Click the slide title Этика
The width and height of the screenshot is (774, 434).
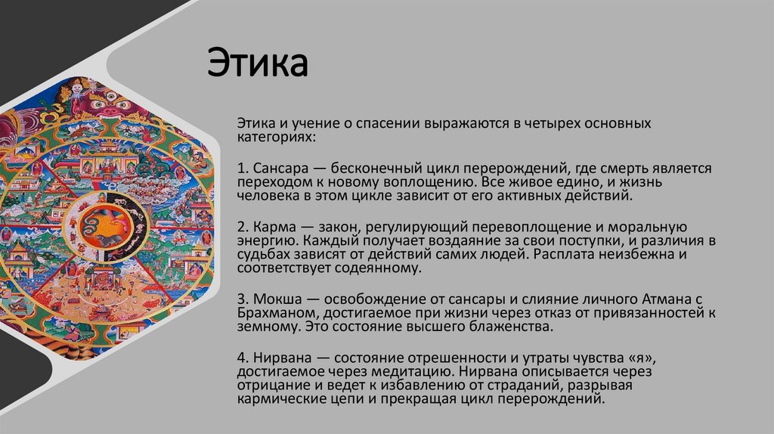click(258, 64)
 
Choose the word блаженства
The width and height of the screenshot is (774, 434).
click(512, 327)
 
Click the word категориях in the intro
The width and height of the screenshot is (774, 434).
click(274, 138)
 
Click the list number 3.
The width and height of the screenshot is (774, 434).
click(240, 299)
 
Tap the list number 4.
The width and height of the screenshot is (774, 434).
click(241, 358)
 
